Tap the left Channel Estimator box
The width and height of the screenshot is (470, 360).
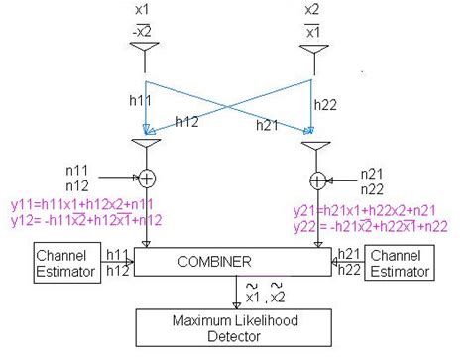tap(66, 262)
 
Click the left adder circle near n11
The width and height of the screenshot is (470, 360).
tap(146, 179)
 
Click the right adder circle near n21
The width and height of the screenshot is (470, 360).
tap(317, 180)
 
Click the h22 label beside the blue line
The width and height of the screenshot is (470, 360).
tap(326, 103)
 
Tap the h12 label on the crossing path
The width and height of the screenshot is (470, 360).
tap(187, 122)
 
